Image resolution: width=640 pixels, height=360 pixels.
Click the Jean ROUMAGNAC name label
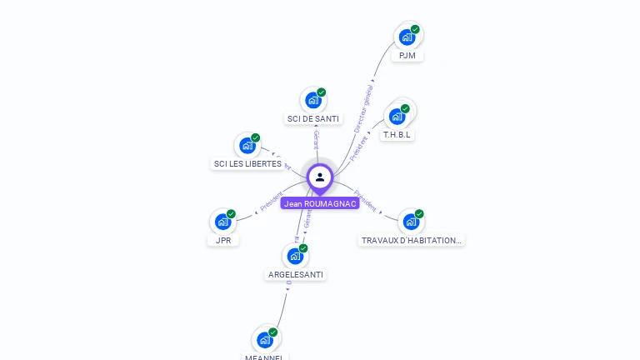tap(320, 203)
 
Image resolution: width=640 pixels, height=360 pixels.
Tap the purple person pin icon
tap(320, 177)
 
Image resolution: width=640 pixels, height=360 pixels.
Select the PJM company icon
tap(407, 37)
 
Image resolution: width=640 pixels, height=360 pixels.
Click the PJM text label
tap(407, 56)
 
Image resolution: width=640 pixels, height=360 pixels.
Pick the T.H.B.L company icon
tap(397, 116)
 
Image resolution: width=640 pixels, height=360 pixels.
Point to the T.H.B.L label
tap(397, 134)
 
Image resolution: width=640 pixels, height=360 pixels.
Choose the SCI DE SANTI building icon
tap(313, 100)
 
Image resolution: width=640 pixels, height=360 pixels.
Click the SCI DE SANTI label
tap(313, 119)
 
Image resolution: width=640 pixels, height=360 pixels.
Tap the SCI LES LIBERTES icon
tap(247, 145)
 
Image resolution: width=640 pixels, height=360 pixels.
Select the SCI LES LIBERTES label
tap(247, 164)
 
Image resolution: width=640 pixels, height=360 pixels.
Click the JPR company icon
tap(222, 222)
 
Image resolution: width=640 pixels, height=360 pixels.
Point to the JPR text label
tap(223, 240)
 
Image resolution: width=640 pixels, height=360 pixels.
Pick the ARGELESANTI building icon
tap(295, 256)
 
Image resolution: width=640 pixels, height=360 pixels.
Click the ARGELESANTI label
tap(296, 274)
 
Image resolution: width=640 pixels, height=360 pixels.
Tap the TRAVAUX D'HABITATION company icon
tap(411, 222)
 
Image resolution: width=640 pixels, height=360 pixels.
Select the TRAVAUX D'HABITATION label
tap(412, 240)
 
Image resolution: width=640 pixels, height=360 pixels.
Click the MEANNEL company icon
tap(265, 339)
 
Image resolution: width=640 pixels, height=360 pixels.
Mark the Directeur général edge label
tap(363, 107)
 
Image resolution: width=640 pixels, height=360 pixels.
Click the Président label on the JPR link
tap(271, 202)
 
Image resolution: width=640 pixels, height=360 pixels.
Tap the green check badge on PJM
tap(415, 30)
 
